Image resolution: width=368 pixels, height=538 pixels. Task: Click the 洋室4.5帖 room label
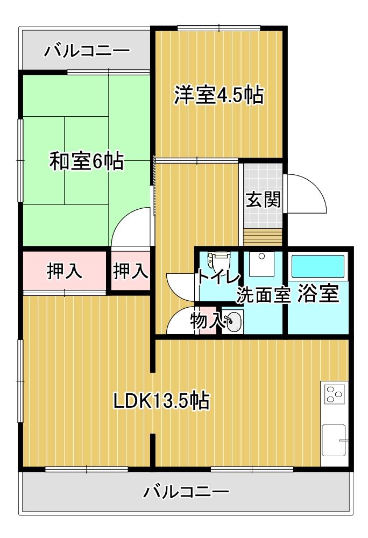point(218,95)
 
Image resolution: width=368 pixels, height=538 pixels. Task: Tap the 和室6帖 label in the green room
point(87,161)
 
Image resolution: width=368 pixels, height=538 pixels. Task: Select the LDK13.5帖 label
point(161,400)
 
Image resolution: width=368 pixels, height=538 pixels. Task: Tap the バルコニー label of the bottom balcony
point(187,492)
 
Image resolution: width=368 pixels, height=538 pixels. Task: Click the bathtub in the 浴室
point(317,266)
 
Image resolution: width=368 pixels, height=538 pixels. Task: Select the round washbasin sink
point(233,322)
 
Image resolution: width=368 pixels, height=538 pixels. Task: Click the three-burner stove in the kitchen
point(334,394)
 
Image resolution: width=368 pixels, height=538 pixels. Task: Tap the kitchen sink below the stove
point(334,440)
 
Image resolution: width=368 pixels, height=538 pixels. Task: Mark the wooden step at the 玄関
point(263,237)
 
